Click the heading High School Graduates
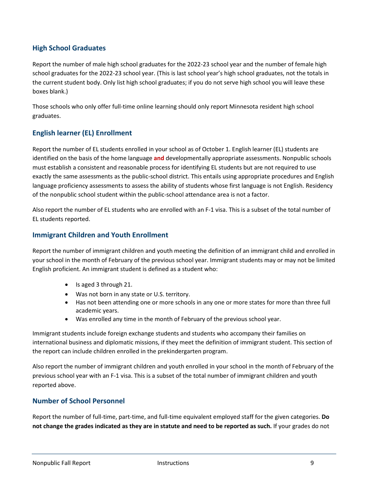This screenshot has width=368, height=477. point(69,48)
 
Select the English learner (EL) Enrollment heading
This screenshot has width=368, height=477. point(82,133)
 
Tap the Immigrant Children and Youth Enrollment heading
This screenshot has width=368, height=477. point(100,235)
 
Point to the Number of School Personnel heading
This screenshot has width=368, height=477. point(79,401)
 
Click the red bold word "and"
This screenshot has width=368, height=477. point(159,158)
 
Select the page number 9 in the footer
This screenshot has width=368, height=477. point(312,463)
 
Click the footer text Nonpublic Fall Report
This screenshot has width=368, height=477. point(62,463)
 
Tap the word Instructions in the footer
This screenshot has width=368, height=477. point(173,463)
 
